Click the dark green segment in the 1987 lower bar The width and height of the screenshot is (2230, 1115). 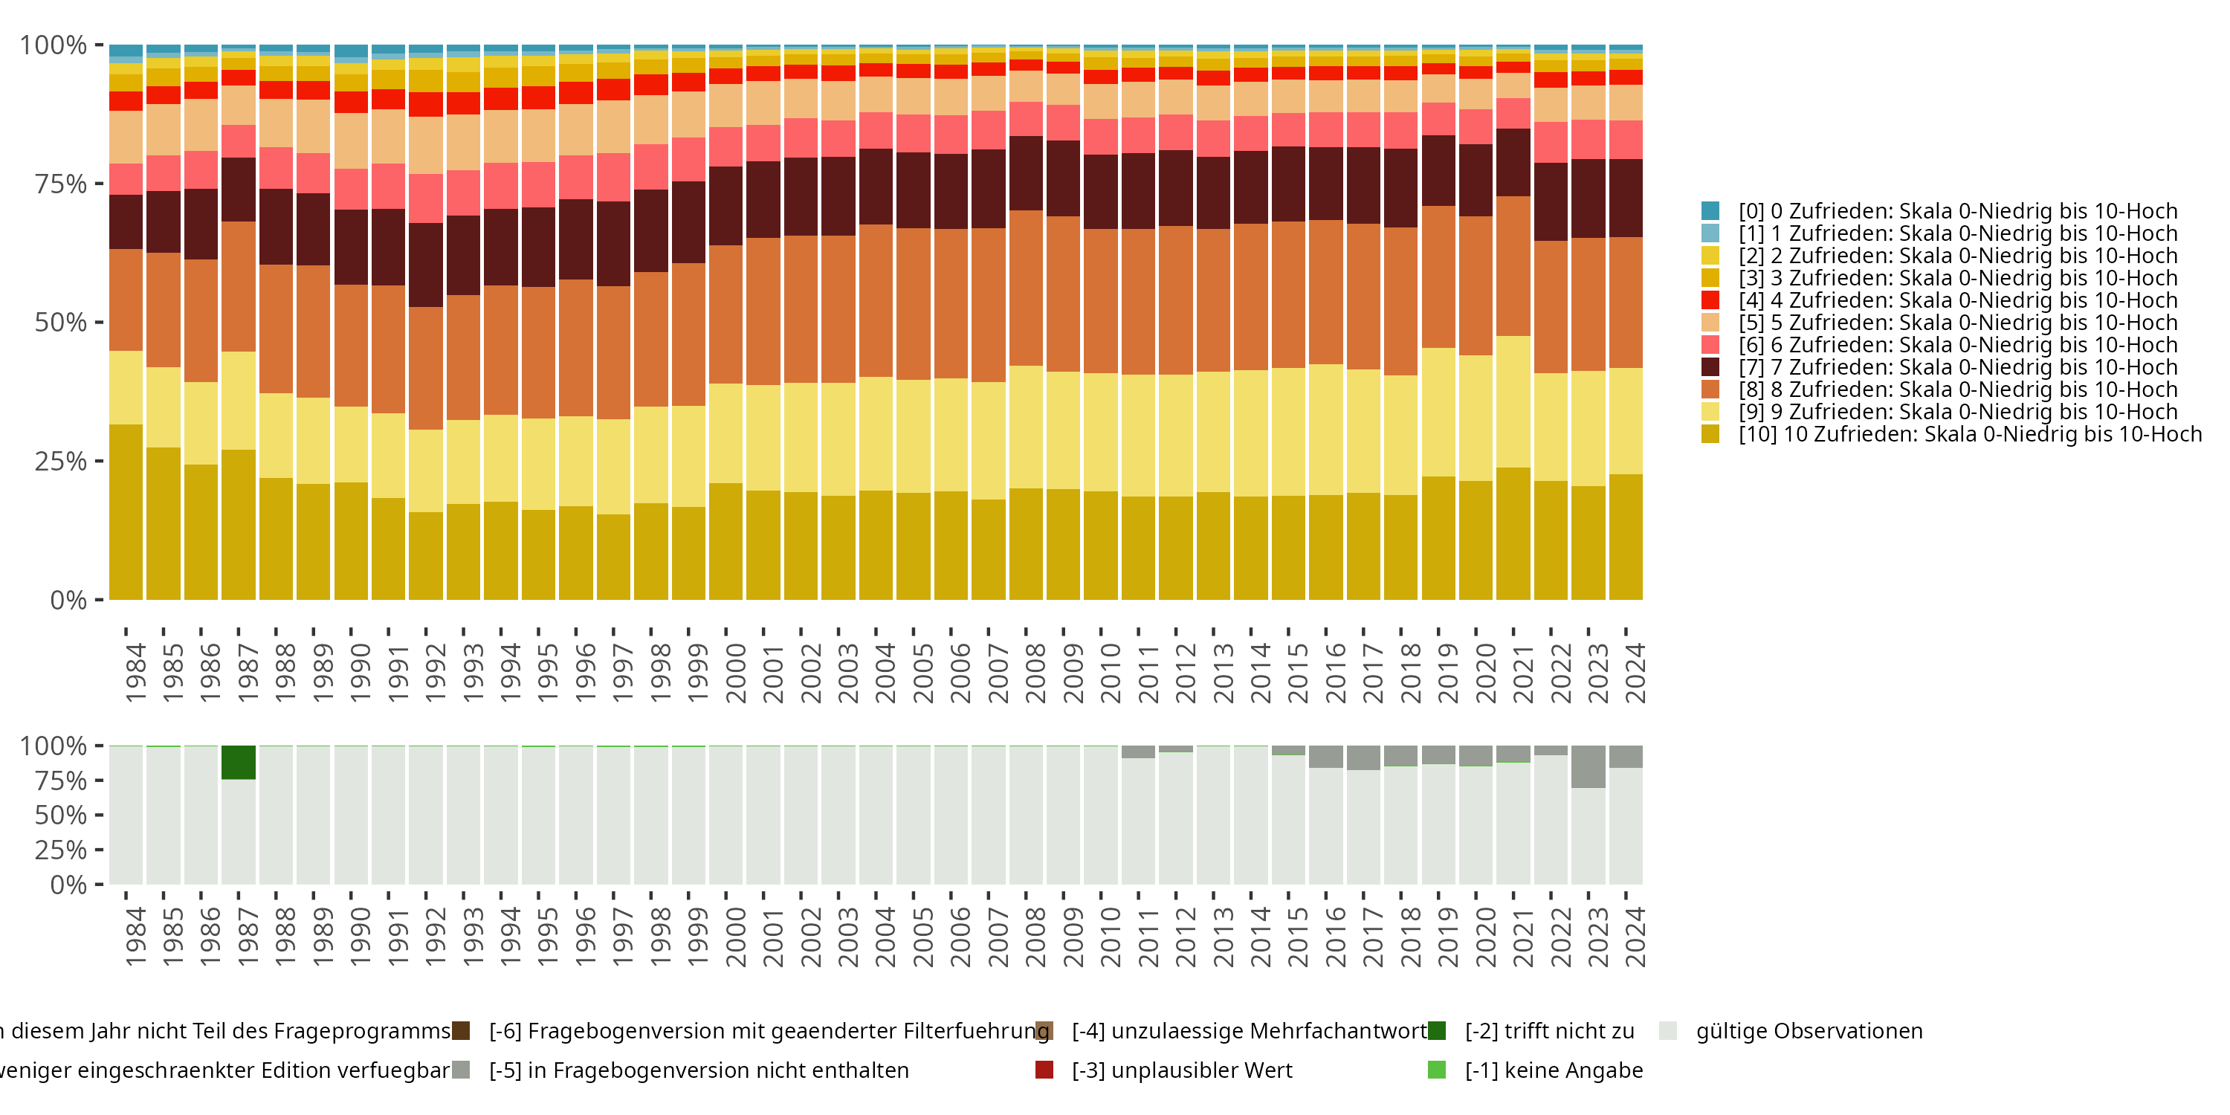[238, 763]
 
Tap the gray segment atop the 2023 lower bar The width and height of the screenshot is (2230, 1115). [1588, 767]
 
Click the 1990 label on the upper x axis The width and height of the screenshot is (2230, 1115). [359, 673]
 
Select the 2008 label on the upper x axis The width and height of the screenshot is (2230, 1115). [1035, 673]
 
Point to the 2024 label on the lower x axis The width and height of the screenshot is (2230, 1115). [1635, 937]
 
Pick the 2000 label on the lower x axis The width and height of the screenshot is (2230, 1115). [735, 937]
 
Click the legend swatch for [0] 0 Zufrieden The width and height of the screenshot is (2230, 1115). [1710, 211]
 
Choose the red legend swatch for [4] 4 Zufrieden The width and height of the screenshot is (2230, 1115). [1710, 300]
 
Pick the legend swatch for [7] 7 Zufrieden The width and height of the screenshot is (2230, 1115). [1710, 367]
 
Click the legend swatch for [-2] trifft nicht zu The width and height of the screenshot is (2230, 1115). [1436, 1031]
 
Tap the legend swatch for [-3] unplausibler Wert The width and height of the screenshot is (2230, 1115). [1044, 1070]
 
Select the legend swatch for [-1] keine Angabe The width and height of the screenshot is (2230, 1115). [1436, 1070]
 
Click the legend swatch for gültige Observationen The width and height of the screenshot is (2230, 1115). [1668, 1031]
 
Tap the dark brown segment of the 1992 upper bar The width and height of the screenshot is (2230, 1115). [426, 265]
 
